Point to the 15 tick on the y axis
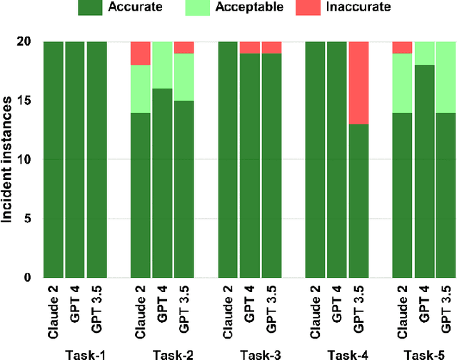click(27, 101)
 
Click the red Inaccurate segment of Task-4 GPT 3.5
click(358, 83)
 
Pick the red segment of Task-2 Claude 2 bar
click(141, 54)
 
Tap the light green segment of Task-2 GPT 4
click(162, 65)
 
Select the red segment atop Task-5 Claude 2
click(402, 48)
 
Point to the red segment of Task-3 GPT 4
click(250, 48)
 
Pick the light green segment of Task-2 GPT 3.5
click(184, 77)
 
